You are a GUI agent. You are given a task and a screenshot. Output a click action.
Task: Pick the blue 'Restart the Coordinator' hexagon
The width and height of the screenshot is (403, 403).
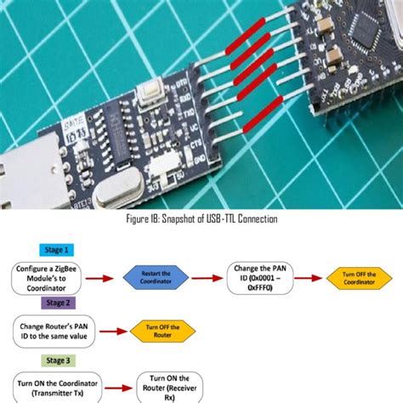156,276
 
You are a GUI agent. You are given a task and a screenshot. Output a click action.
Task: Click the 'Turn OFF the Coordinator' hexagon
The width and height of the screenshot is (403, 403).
361,277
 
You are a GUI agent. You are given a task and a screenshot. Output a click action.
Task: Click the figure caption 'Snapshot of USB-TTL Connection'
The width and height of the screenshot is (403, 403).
202,219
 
